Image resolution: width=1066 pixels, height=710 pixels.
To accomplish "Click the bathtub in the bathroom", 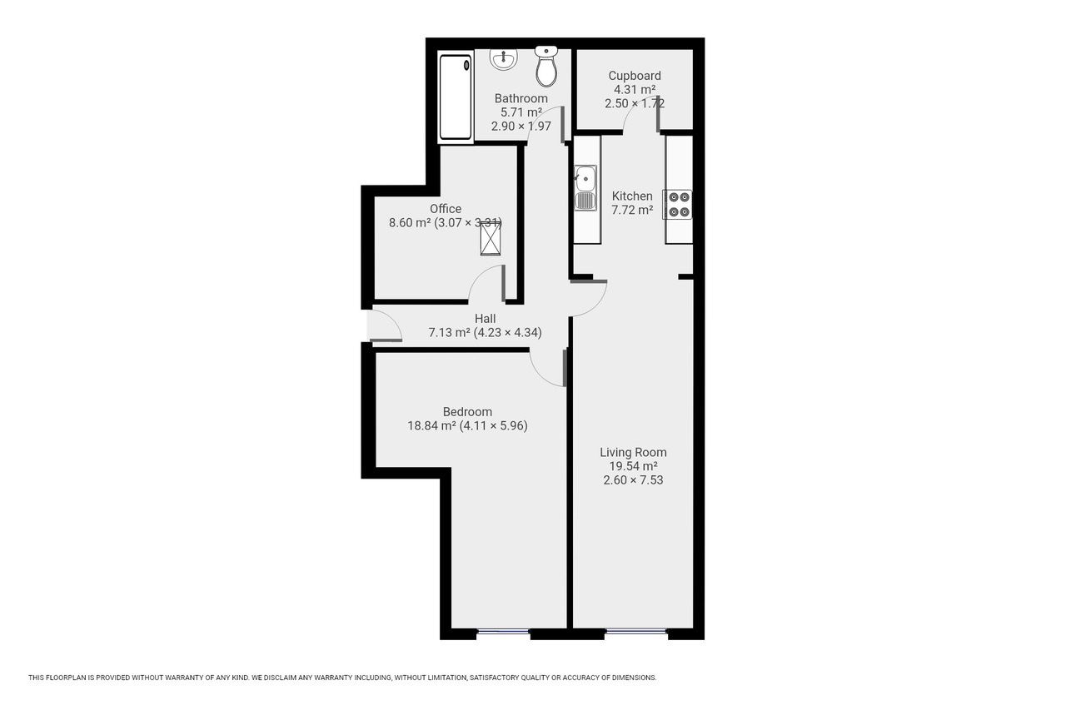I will [456, 97].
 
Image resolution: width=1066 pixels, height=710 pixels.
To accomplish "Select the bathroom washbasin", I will [504, 58].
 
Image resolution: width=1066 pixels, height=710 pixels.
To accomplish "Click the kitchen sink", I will [585, 187].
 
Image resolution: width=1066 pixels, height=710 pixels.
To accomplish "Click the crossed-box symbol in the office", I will [491, 240].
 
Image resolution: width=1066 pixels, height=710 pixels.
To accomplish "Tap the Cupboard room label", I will [635, 76].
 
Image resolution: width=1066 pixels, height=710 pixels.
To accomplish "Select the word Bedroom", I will [467, 411].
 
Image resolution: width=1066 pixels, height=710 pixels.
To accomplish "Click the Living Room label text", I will [633, 452].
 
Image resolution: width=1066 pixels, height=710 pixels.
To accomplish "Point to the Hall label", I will [485, 318].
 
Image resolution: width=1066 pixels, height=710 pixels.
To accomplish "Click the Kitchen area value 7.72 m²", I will [632, 211].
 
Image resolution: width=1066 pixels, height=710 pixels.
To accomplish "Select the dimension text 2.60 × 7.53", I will [633, 480].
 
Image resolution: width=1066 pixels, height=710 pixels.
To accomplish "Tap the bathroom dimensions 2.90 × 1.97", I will [521, 127].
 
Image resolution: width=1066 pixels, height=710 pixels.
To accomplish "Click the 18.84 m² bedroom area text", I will [431, 425].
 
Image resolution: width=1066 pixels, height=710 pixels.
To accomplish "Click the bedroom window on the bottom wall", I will [503, 633].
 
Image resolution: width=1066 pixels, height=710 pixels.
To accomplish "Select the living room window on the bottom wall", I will [635, 632].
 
